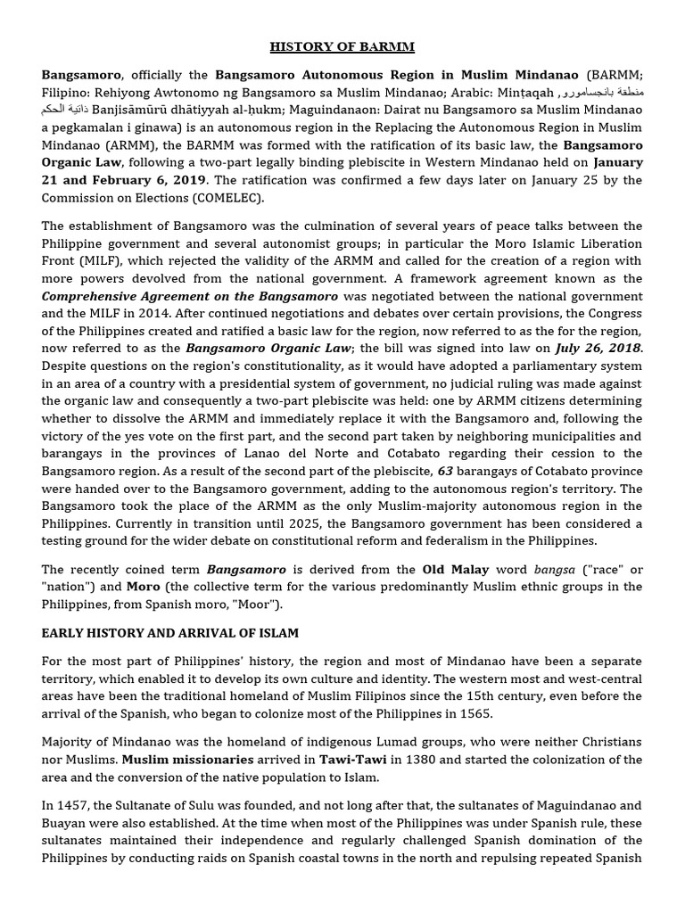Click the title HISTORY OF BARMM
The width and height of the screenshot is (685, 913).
342,46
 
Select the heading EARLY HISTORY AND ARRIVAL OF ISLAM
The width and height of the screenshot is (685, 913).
169,633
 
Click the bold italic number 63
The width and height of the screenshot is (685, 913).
445,472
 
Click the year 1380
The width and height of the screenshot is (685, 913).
451,760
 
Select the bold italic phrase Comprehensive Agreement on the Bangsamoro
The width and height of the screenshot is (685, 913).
189,296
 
